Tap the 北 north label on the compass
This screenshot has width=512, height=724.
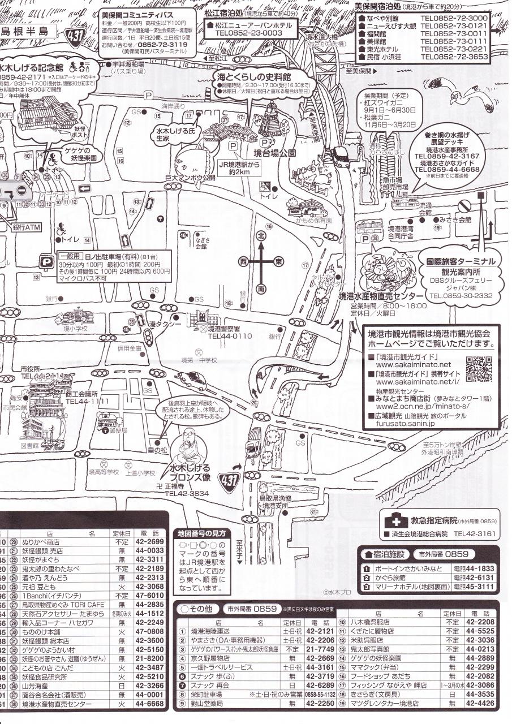[x=261, y=235]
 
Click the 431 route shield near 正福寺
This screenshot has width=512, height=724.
[x=231, y=481]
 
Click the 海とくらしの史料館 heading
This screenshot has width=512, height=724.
[x=253, y=76]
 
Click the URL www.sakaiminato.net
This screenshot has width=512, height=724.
[x=413, y=365]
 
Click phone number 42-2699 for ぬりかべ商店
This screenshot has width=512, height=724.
[x=150, y=542]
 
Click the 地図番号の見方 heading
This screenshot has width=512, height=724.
[x=201, y=533]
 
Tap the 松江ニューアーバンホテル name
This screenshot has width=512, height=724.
[x=253, y=25]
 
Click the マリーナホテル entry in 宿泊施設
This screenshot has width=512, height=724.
[x=412, y=587]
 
